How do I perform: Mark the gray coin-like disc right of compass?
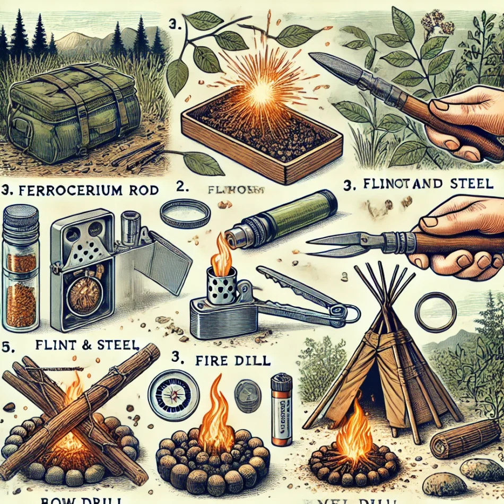(247, 396)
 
